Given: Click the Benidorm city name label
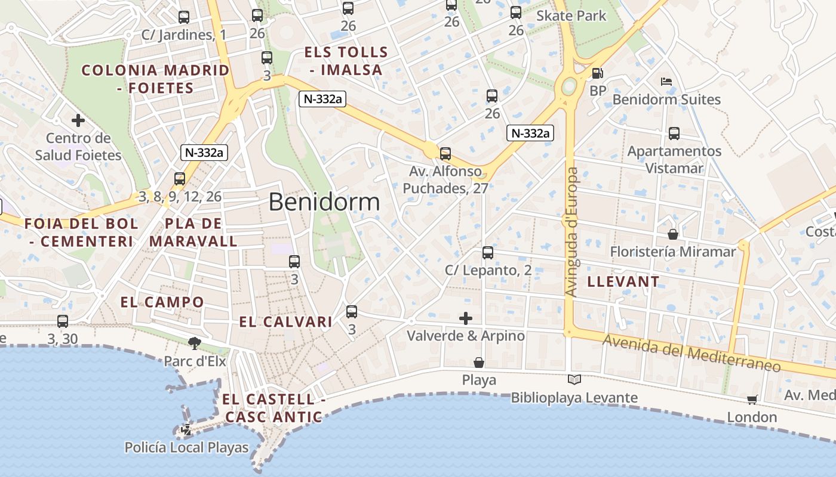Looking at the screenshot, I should [x=324, y=202].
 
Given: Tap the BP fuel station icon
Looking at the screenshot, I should [x=597, y=73].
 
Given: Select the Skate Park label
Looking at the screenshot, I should [x=571, y=16].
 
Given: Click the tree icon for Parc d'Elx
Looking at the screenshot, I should [x=194, y=343].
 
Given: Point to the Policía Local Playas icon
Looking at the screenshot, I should [x=187, y=429].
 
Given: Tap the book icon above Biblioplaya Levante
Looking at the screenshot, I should [x=574, y=379].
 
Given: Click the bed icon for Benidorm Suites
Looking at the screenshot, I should [x=666, y=81].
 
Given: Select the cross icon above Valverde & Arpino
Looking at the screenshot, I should [x=466, y=318].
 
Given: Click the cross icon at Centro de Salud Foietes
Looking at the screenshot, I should [x=78, y=120].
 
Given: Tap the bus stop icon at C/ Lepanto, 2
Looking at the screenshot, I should [x=488, y=253].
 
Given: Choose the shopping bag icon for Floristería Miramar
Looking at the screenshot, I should [x=673, y=234].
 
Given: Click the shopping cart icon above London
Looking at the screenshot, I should [x=752, y=399].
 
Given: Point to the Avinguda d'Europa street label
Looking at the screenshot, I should [x=572, y=232].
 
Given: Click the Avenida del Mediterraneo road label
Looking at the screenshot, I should [x=691, y=352].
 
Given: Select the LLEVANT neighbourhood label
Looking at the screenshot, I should [x=623, y=281].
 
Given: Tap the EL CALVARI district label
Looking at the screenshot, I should [x=285, y=322].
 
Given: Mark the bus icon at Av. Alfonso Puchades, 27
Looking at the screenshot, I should [x=445, y=154].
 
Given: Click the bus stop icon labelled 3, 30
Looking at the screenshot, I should [x=63, y=321].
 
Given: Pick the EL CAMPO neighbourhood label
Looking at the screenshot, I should [x=162, y=302].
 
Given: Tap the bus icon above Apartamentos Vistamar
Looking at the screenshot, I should [x=674, y=134].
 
